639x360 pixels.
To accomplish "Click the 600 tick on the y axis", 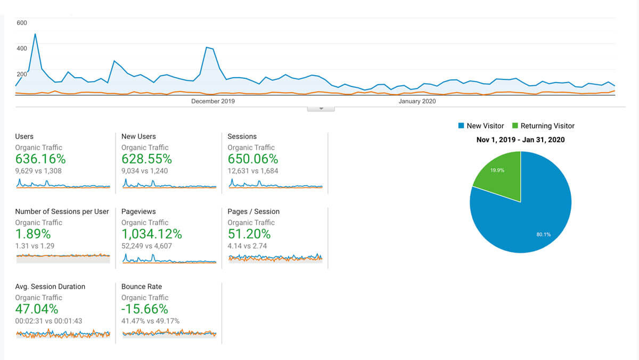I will pyautogui.click(x=22, y=23).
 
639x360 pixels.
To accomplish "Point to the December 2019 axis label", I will pyautogui.click(x=213, y=101).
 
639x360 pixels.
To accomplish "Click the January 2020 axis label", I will pyautogui.click(x=417, y=101).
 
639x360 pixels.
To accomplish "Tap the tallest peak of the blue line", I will pyautogui.click(x=35, y=35).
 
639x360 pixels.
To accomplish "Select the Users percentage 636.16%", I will pyautogui.click(x=40, y=159).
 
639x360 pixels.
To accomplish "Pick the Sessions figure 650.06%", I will pyautogui.click(x=253, y=159).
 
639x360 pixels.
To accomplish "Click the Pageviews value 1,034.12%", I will pyautogui.click(x=152, y=234).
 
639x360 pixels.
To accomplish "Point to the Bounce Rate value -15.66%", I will pyautogui.click(x=145, y=309).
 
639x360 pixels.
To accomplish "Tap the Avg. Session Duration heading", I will pyautogui.click(x=50, y=287).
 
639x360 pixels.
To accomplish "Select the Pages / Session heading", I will pyautogui.click(x=253, y=211).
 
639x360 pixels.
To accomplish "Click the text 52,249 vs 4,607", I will pyautogui.click(x=146, y=246).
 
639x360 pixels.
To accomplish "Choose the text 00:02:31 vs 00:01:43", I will pyautogui.click(x=48, y=321).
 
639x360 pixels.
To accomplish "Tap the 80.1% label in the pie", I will pyautogui.click(x=544, y=234).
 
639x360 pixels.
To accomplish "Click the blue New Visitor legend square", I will pyautogui.click(x=461, y=126).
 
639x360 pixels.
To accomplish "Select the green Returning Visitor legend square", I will pyautogui.click(x=515, y=126).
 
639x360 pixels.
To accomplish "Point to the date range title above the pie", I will pyautogui.click(x=520, y=140).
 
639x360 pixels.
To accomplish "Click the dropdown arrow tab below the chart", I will pyautogui.click(x=321, y=108).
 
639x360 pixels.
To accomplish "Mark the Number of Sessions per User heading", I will pyautogui.click(x=62, y=211).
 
